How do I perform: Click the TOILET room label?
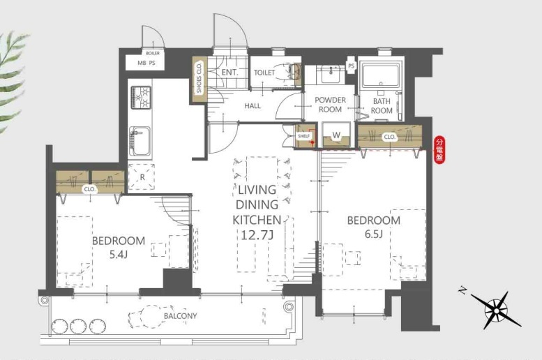264,73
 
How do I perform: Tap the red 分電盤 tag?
439,150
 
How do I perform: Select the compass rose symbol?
496,310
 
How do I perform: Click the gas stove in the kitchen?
141,98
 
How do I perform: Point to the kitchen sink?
140,141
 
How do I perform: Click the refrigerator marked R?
142,177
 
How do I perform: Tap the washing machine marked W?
336,135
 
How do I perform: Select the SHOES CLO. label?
199,77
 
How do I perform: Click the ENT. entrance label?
230,73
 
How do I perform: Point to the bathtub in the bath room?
381,75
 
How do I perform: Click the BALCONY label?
181,316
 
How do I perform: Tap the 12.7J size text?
257,235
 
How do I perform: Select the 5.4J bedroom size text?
119,255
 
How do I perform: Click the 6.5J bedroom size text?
374,234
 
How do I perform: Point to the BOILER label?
153,53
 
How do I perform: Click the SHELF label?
304,136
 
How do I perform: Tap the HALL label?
253,106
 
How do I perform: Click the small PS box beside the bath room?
351,66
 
